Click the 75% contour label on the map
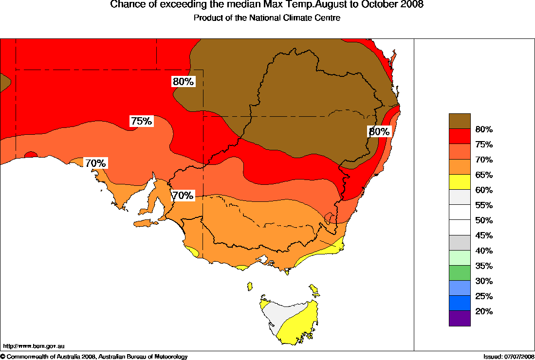tap(141, 121)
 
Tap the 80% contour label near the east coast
tap(379, 131)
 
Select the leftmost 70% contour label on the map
tap(95, 163)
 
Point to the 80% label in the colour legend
tap(484, 129)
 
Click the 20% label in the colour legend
tap(484, 311)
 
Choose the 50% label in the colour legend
tap(484, 220)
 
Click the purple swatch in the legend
tap(460, 318)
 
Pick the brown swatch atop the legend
tap(460, 121)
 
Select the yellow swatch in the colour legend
tap(460, 182)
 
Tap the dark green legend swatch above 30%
tap(460, 273)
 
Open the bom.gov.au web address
tap(34, 346)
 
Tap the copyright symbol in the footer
tap(3, 357)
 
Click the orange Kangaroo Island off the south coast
tap(145, 223)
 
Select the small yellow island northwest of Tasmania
tap(250, 286)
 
